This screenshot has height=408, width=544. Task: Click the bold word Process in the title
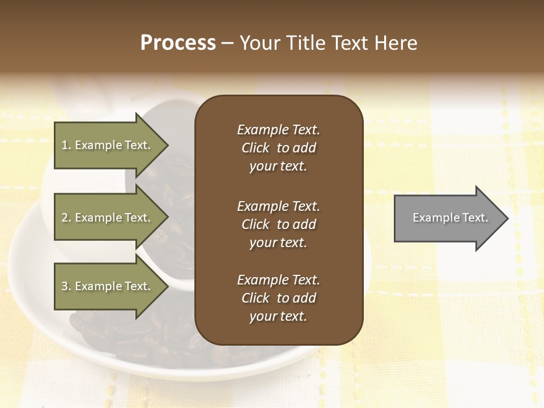point(178,43)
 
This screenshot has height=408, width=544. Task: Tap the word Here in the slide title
point(395,43)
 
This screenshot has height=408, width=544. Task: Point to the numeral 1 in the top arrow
point(65,145)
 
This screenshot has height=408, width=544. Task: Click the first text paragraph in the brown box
point(278,148)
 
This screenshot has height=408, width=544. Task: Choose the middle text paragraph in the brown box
point(278,224)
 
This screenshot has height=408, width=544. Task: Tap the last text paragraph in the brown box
point(278,298)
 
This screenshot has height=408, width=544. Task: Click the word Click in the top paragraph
point(255,148)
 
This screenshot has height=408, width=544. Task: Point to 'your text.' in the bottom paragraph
point(278,316)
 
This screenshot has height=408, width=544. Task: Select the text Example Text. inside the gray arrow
point(450,218)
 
